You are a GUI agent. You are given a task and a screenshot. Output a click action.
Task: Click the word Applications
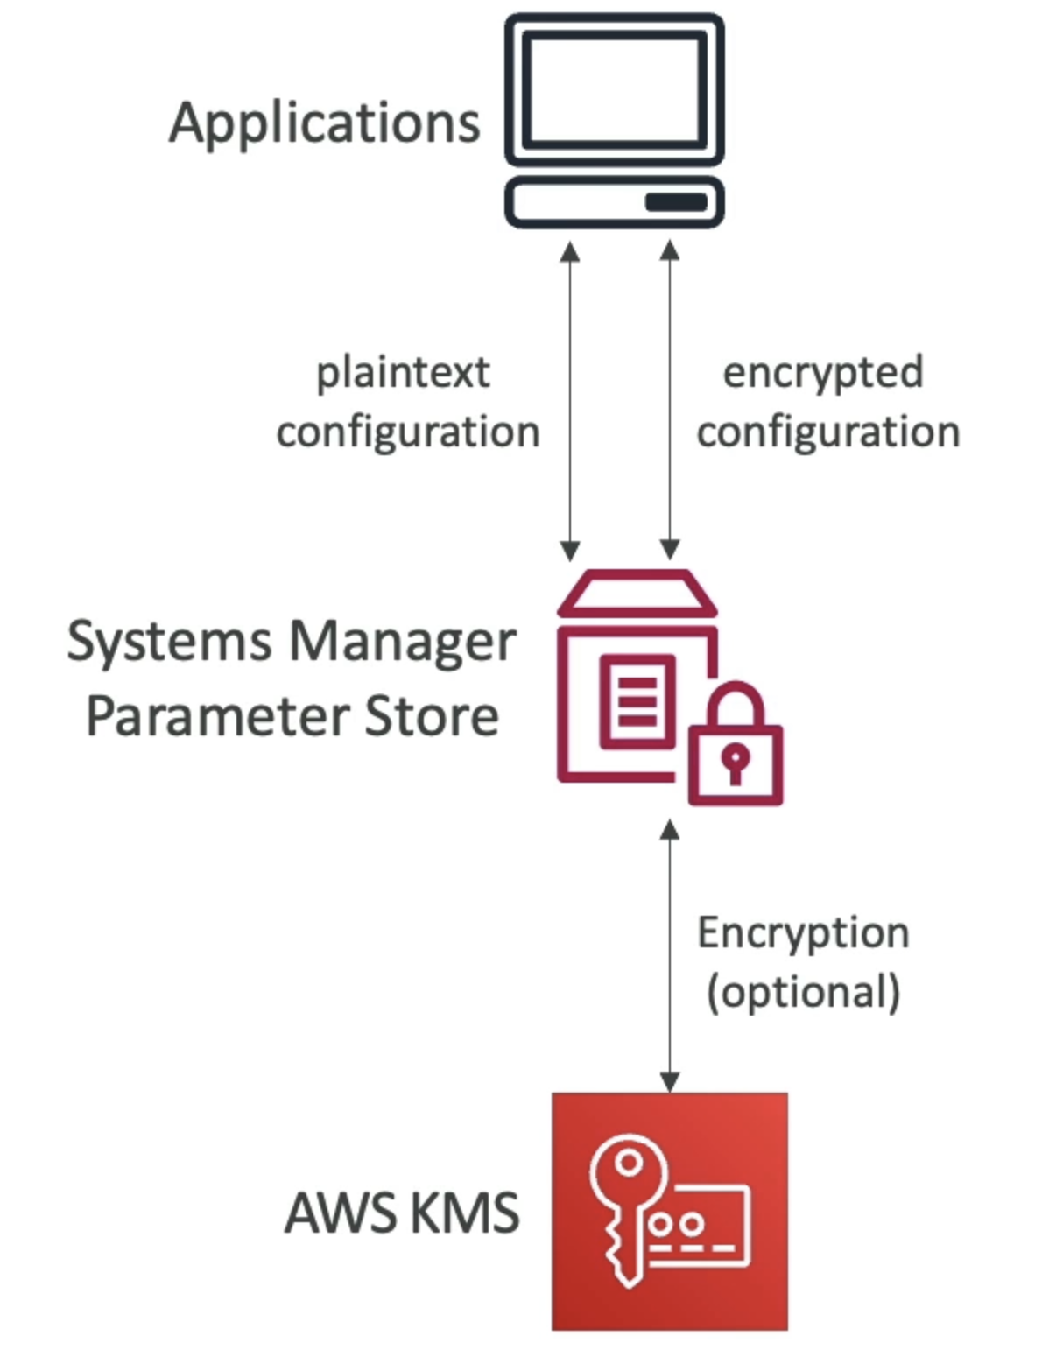point(325,123)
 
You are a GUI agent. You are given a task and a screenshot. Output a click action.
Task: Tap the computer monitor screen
point(615,88)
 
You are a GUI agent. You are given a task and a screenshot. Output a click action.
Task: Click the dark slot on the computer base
point(675,202)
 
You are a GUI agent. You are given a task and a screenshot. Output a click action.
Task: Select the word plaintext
point(403,374)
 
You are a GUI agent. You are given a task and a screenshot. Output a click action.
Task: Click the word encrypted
point(822,374)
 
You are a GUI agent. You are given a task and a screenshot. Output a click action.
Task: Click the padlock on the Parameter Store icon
point(736,753)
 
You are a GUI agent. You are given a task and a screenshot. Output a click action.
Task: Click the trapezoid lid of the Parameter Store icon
point(637,594)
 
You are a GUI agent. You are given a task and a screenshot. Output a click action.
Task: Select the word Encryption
point(803,933)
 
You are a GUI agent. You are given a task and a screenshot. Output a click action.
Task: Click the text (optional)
point(803,993)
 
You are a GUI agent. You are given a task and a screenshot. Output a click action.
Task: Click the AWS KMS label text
point(402,1214)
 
